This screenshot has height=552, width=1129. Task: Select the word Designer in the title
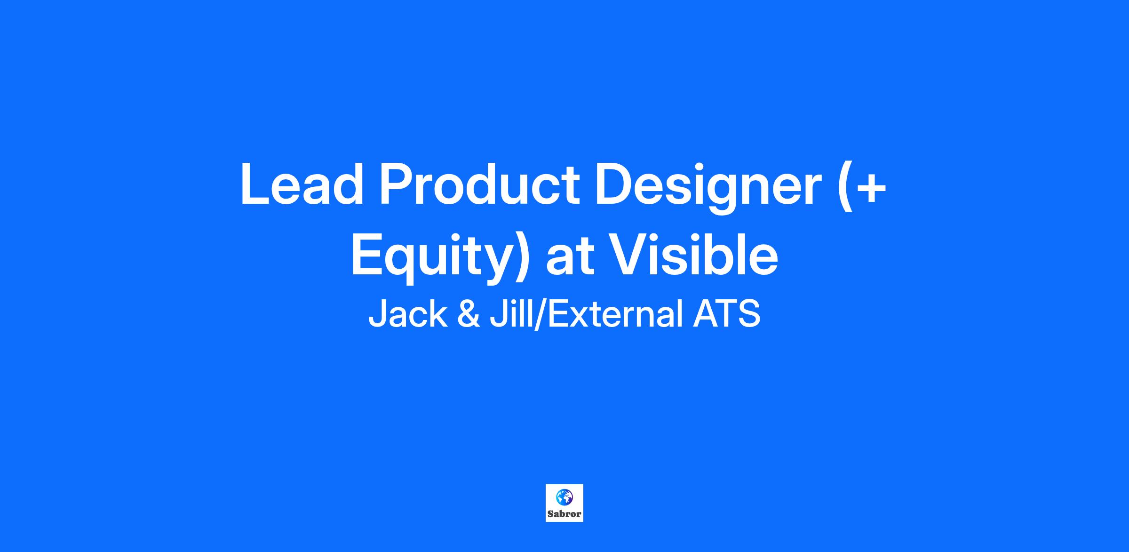(x=708, y=188)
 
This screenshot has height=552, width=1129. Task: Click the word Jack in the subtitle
(x=407, y=314)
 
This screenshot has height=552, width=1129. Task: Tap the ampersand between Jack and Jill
(x=469, y=314)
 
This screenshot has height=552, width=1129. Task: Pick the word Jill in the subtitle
(x=511, y=314)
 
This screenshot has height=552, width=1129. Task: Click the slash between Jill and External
(x=540, y=314)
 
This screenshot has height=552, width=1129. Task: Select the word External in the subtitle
(x=615, y=314)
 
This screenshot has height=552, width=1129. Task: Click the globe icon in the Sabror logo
(x=564, y=496)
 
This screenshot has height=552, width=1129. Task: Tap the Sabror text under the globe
(x=564, y=514)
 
